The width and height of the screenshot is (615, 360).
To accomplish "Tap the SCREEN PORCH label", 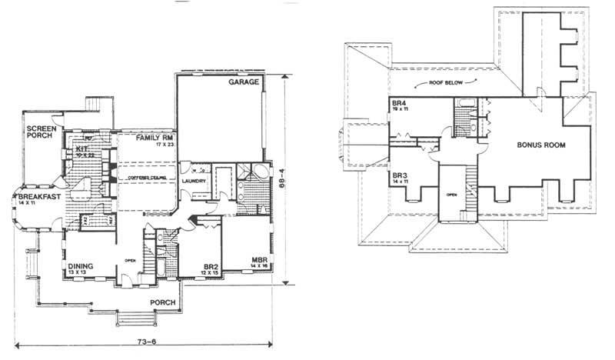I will pyautogui.click(x=39, y=132).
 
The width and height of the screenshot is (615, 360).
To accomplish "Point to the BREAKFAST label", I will pyautogui.click(x=34, y=198).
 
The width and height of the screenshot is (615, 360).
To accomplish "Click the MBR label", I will pyautogui.click(x=258, y=261).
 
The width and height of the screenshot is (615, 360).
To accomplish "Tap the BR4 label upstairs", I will pyautogui.click(x=399, y=103).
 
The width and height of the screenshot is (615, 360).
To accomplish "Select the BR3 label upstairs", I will pyautogui.click(x=399, y=175).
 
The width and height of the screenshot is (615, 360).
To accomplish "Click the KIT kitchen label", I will pyautogui.click(x=82, y=148).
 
